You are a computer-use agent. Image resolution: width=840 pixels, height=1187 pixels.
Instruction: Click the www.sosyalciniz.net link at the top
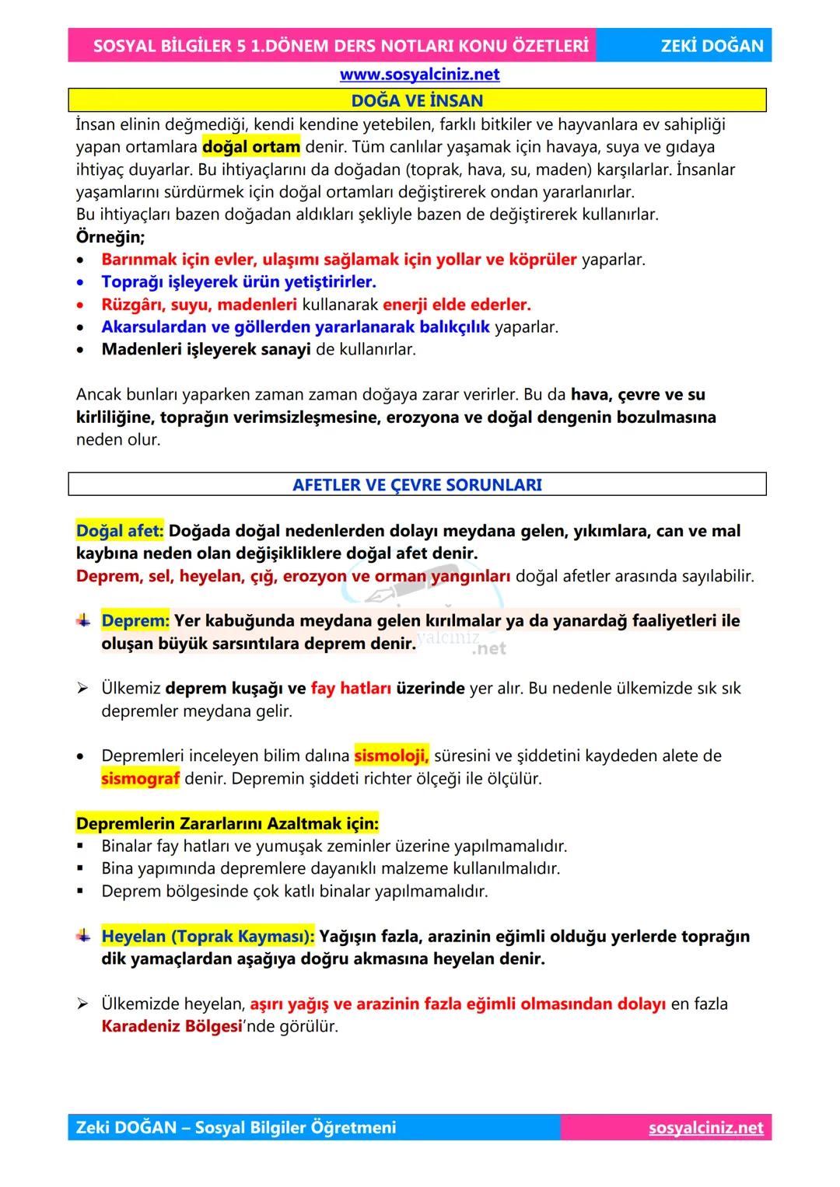pos(419,75)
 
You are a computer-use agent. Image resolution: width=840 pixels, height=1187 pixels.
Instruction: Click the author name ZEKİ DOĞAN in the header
pos(712,46)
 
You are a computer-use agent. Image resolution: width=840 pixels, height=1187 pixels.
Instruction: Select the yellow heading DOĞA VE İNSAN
pos(417,100)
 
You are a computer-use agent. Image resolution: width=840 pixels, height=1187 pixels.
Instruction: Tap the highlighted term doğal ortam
pos(251,147)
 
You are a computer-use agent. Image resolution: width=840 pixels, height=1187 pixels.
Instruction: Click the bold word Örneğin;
pos(110,237)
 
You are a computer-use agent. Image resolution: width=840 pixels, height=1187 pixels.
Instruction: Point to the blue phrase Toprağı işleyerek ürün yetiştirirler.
pos(239,282)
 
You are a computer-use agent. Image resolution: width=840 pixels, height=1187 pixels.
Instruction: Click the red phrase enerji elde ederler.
pos(457,305)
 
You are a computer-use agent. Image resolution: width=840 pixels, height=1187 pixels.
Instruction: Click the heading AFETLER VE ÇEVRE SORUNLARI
pos(417,485)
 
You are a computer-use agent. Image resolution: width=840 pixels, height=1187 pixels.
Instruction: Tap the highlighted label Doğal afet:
pos(120,531)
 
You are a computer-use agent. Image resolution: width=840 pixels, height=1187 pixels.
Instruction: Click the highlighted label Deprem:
pos(135,621)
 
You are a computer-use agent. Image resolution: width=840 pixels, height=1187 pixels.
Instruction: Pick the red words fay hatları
pos(351,689)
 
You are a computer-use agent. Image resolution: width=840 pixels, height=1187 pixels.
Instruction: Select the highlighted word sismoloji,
pos(391,756)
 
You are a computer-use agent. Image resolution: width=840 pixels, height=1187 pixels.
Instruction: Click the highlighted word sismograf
pos(140,778)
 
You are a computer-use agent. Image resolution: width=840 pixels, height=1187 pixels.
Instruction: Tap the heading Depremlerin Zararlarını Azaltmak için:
pos(227,823)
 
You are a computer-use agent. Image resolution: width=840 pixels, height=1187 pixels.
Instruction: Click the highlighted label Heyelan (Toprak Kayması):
pos(208,937)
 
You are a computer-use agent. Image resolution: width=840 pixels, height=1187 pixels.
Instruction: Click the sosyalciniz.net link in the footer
pos(705,1128)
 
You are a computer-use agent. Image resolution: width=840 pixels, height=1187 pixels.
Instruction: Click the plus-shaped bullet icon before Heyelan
pos(83,936)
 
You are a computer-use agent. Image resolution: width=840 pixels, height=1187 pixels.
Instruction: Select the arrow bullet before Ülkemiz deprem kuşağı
pos(83,689)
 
